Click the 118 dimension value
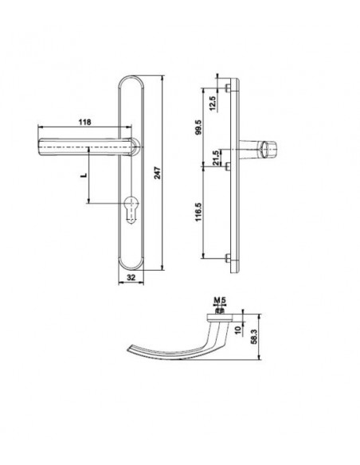click(84, 122)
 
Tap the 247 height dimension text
click(158, 173)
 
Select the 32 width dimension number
click(131, 277)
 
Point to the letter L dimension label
click(84, 175)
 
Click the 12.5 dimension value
click(213, 104)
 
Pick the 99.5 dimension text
click(198, 127)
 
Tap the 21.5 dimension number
click(216, 158)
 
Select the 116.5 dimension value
click(198, 212)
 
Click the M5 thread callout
click(220, 300)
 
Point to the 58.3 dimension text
click(254, 337)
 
